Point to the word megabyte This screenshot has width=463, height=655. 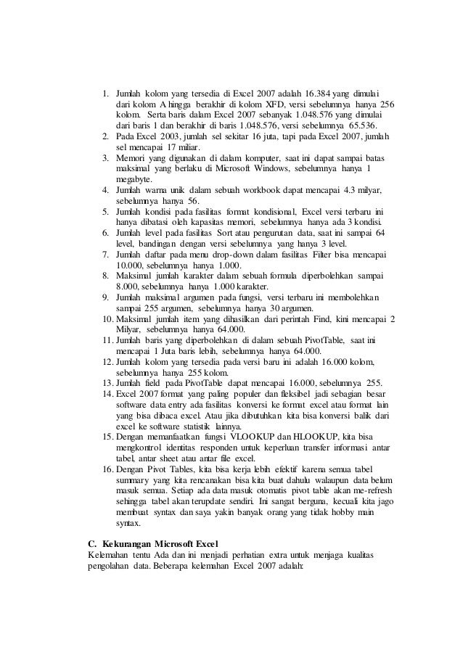(134, 178)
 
